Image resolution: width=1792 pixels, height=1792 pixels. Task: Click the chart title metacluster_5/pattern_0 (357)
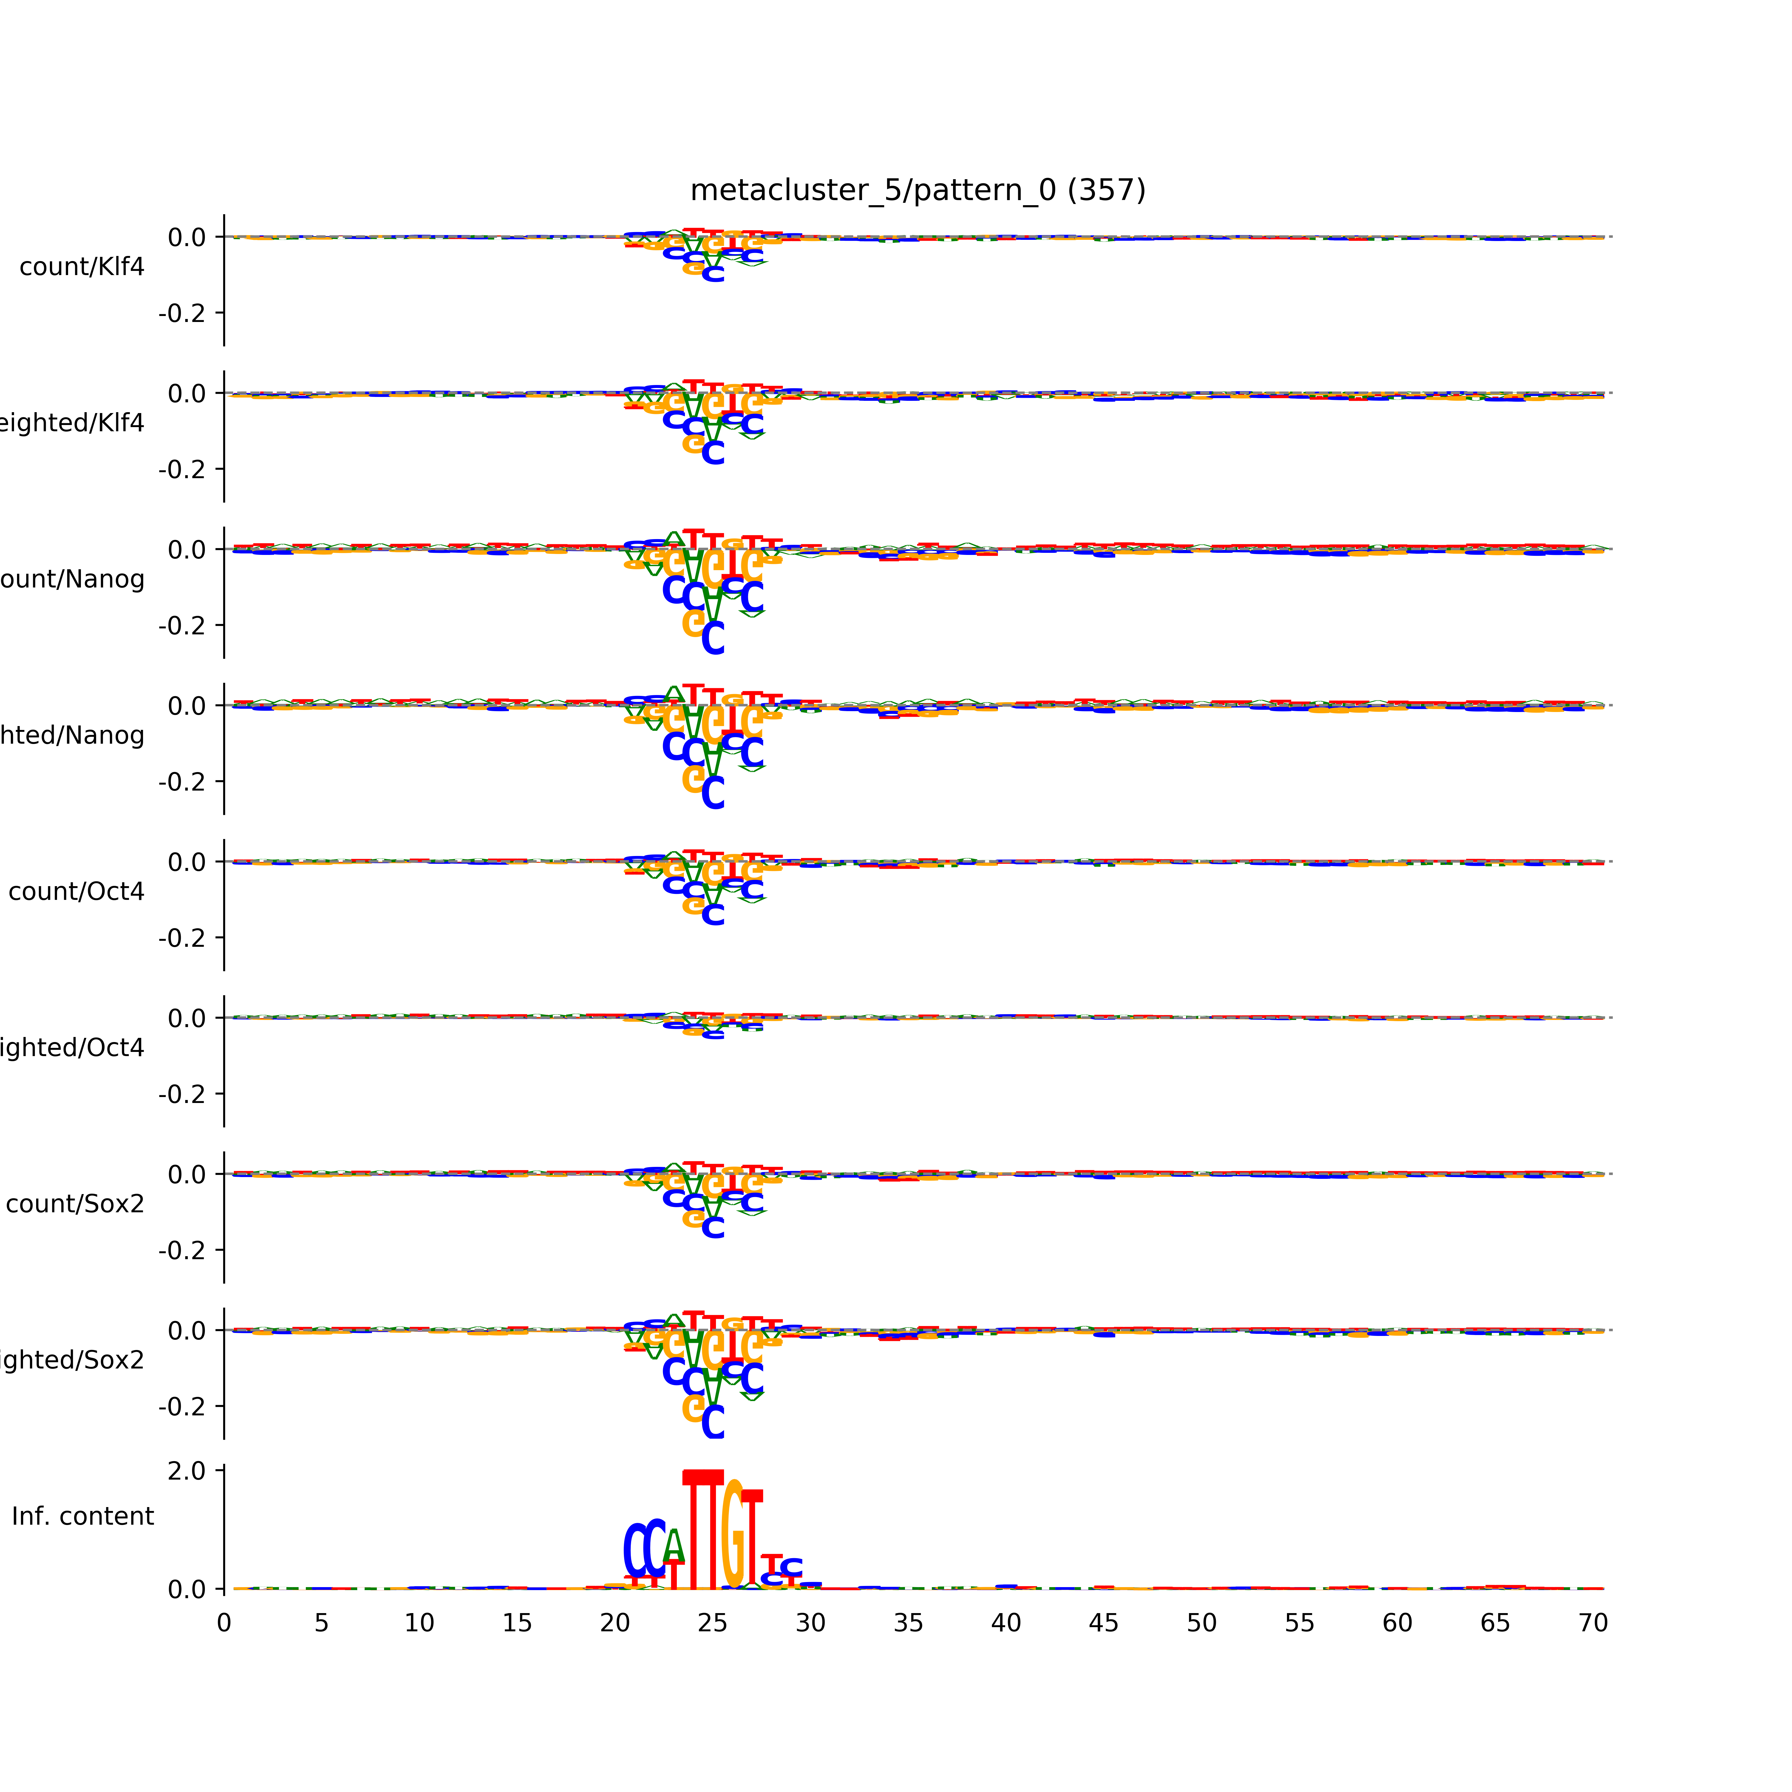coord(917,190)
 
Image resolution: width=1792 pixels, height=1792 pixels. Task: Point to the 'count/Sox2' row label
coord(75,1204)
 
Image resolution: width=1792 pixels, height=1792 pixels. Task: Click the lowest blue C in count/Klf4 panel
coord(712,274)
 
